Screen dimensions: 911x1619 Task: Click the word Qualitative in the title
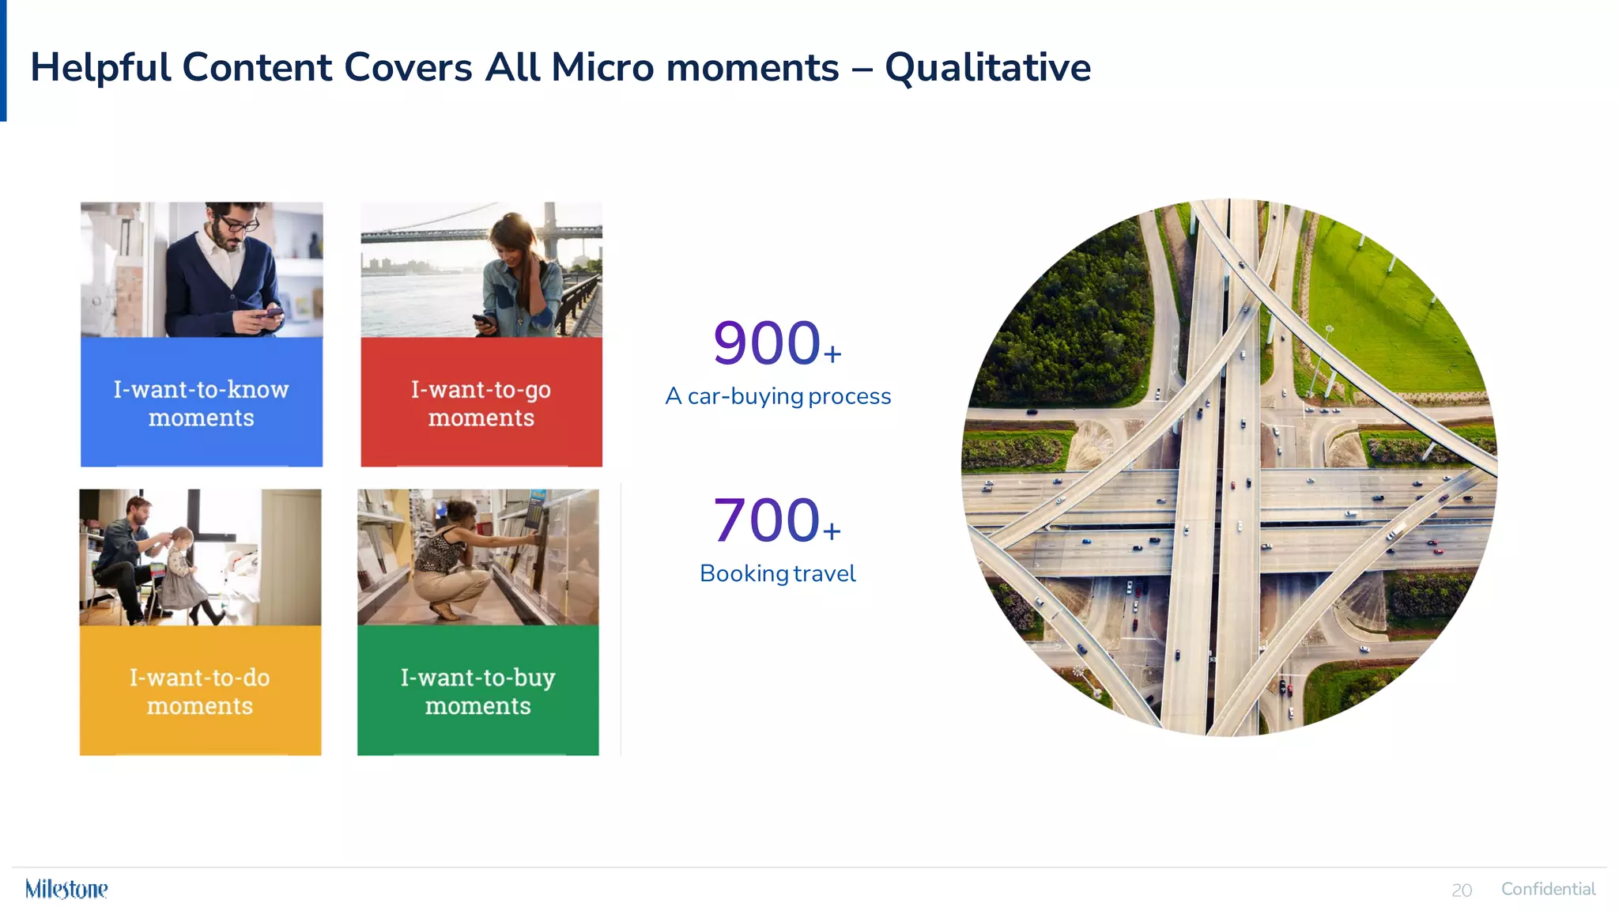click(987, 68)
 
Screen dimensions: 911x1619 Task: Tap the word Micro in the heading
click(602, 68)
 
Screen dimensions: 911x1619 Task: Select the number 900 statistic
click(767, 344)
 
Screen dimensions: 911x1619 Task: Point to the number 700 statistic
click(767, 521)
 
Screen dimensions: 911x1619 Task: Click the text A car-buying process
click(778, 396)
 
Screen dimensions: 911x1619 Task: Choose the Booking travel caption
click(777, 573)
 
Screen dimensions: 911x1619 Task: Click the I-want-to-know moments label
click(202, 403)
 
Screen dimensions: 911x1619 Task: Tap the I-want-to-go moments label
click(481, 403)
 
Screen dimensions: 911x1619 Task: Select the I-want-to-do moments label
click(200, 691)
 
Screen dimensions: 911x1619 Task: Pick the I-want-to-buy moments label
click(477, 691)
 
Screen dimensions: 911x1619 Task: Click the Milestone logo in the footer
click(66, 889)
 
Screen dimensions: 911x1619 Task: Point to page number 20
click(1462, 890)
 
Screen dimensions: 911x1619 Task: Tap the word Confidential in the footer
click(1548, 889)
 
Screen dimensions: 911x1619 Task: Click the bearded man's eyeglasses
click(239, 224)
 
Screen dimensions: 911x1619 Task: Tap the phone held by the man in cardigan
click(271, 313)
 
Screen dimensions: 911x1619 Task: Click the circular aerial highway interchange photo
click(1229, 467)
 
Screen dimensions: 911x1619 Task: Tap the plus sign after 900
click(832, 353)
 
